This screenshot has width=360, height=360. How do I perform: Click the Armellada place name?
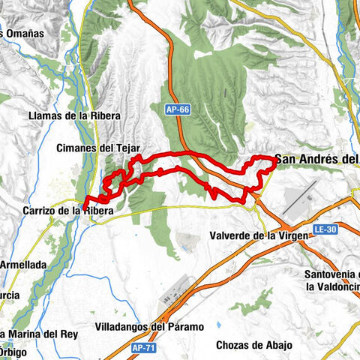[22, 265]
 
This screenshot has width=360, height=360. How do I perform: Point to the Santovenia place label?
[334, 274]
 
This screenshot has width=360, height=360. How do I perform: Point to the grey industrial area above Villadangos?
[180, 289]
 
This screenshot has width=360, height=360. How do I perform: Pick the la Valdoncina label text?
[334, 286]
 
